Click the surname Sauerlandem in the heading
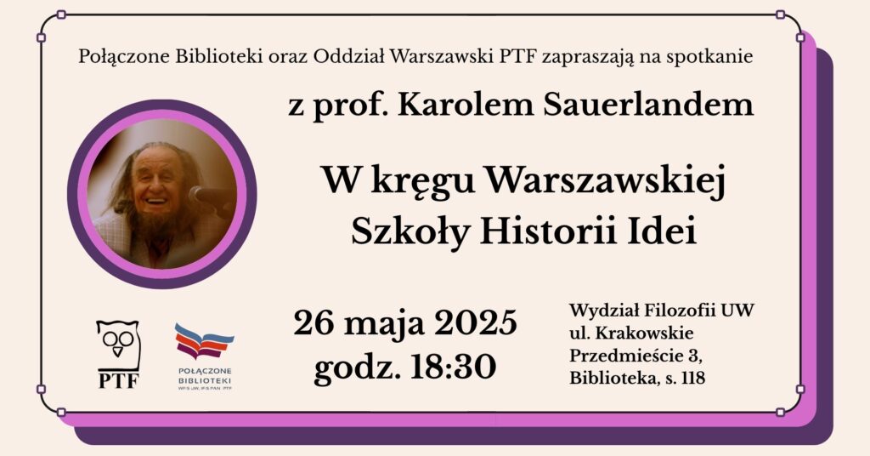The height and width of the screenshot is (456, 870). coord(648,105)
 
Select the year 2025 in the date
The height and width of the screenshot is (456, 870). coord(476,322)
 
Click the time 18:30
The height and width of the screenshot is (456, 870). coord(454,367)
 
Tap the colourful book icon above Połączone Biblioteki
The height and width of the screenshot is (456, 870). coord(204,341)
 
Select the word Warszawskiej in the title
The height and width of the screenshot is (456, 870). coord(605,182)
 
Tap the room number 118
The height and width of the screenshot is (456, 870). coord(692,378)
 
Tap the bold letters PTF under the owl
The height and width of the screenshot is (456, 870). coord(119,382)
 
